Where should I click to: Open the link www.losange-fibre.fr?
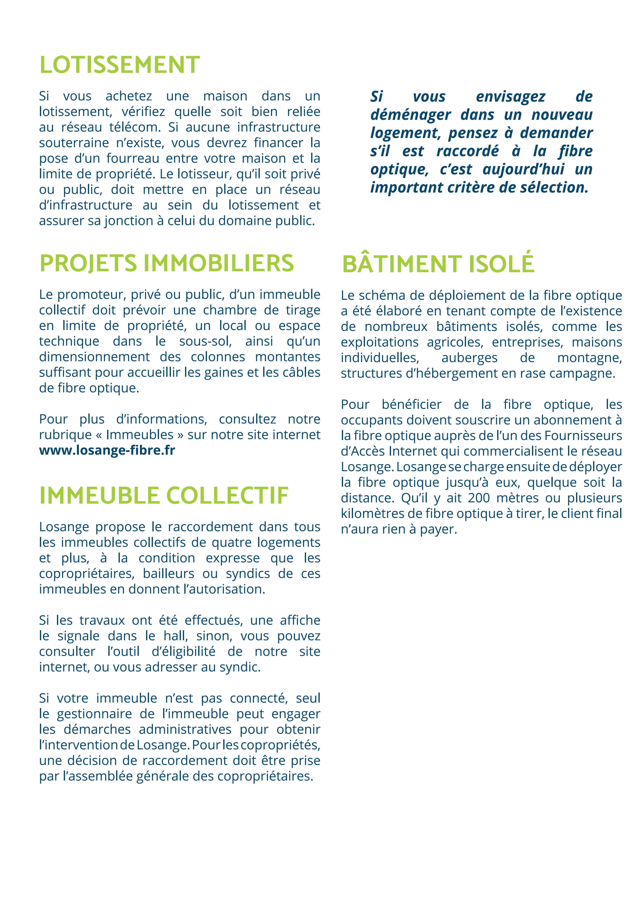pos(107,450)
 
